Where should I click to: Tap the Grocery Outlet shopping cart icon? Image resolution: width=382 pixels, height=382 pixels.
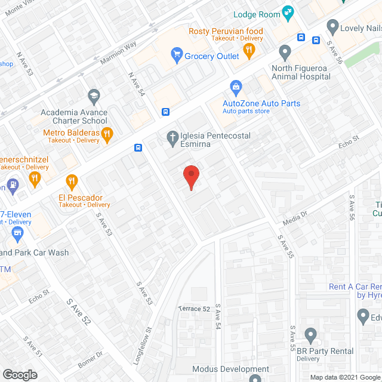click(177, 56)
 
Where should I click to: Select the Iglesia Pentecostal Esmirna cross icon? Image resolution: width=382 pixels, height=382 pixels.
click(172, 138)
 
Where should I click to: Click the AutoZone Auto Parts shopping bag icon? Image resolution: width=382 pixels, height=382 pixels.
click(236, 88)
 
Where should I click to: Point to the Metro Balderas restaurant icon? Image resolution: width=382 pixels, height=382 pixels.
click(107, 134)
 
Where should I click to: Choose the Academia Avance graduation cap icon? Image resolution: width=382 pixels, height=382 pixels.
click(93, 96)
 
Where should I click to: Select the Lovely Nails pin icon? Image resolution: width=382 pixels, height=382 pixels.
click(333, 27)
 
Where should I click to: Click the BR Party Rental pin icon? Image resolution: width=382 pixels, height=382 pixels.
click(310, 335)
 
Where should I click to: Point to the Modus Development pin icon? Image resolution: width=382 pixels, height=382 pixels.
click(255, 378)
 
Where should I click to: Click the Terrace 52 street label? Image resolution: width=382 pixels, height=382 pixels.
click(194, 309)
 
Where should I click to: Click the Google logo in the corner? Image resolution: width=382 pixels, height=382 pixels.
click(20, 375)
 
